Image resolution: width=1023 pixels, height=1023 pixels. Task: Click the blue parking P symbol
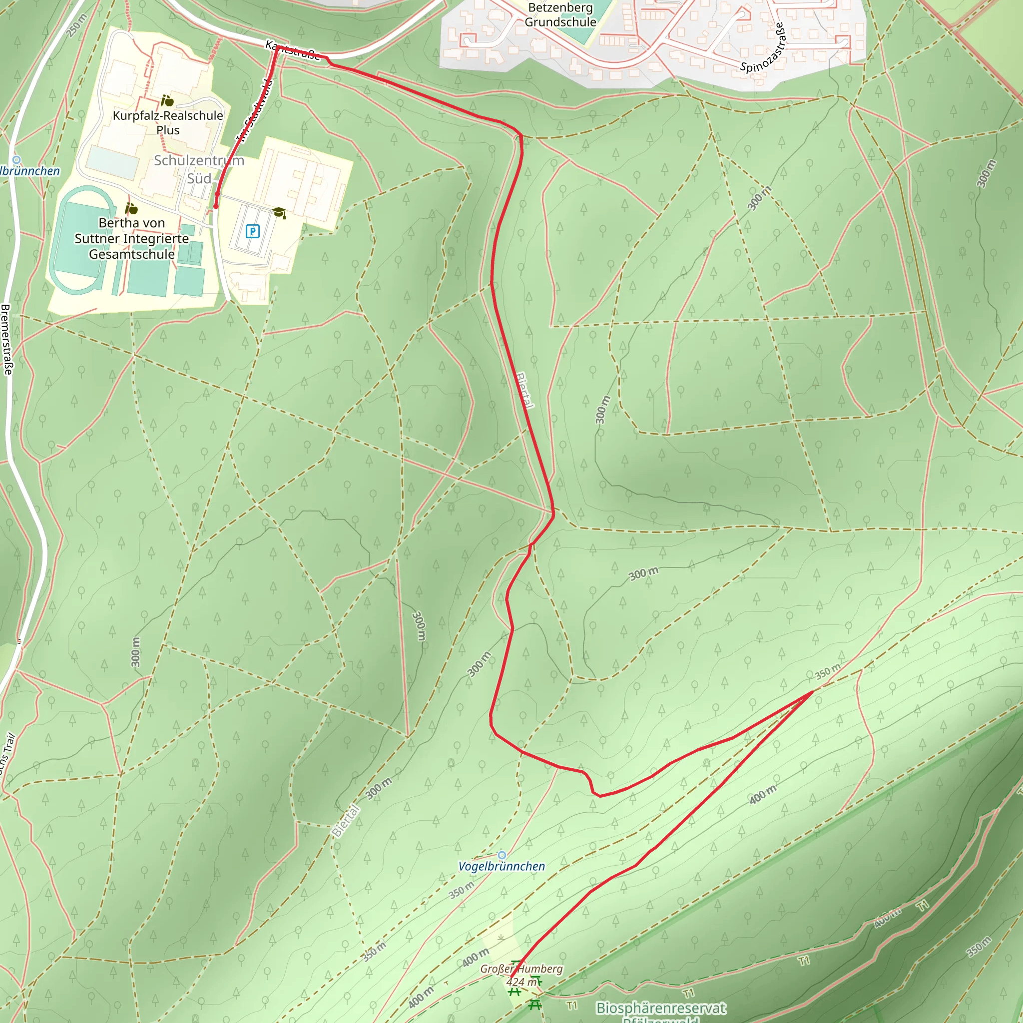(253, 231)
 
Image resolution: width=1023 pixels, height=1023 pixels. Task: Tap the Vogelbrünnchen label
(501, 867)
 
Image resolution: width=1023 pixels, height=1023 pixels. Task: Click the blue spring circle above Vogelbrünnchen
(502, 855)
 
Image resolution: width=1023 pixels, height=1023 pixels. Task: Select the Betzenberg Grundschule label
(560, 15)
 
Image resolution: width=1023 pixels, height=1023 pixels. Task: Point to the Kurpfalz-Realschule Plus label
(168, 122)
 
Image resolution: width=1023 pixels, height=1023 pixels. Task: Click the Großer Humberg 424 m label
(521, 975)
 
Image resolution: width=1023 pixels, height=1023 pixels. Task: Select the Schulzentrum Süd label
(199, 169)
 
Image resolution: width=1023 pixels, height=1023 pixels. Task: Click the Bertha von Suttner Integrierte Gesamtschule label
(131, 238)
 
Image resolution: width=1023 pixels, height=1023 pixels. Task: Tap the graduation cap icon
(279, 213)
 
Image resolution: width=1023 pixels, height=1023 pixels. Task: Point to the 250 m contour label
(77, 25)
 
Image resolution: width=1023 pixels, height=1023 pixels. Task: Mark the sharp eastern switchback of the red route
(811, 692)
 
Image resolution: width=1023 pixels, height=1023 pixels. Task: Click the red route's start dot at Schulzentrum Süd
(215, 206)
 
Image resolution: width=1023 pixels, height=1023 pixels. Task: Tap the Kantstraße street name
(293, 51)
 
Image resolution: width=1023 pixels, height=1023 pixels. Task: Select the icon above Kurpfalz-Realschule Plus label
(167, 100)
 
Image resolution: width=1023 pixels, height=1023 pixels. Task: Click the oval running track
(82, 240)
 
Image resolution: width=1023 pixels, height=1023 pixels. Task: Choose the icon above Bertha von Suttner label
(131, 209)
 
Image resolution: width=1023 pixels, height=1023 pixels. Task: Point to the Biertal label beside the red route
(524, 391)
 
